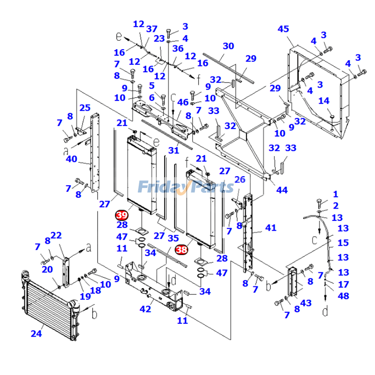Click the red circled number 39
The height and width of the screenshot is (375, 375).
click(122, 215)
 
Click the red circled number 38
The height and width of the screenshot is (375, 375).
click(181, 250)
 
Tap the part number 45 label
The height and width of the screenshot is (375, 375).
click(283, 29)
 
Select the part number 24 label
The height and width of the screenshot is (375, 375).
click(36, 334)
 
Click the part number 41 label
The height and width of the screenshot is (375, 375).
click(271, 228)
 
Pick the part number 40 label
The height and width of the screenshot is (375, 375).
click(71, 159)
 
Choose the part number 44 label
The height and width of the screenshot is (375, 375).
click(282, 190)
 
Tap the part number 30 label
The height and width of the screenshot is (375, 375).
click(228, 46)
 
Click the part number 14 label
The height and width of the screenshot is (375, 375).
click(324, 100)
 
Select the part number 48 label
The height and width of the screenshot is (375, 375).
click(344, 296)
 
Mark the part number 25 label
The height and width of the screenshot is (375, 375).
click(85, 108)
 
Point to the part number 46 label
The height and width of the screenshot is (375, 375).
click(182, 102)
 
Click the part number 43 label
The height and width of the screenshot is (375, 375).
click(306, 303)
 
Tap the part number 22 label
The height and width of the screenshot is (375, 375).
click(56, 235)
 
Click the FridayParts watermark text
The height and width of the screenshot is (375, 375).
click(186, 187)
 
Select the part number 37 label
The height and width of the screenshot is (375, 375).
click(152, 29)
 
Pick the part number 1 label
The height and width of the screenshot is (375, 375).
click(335, 194)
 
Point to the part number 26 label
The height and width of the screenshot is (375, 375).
click(240, 180)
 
